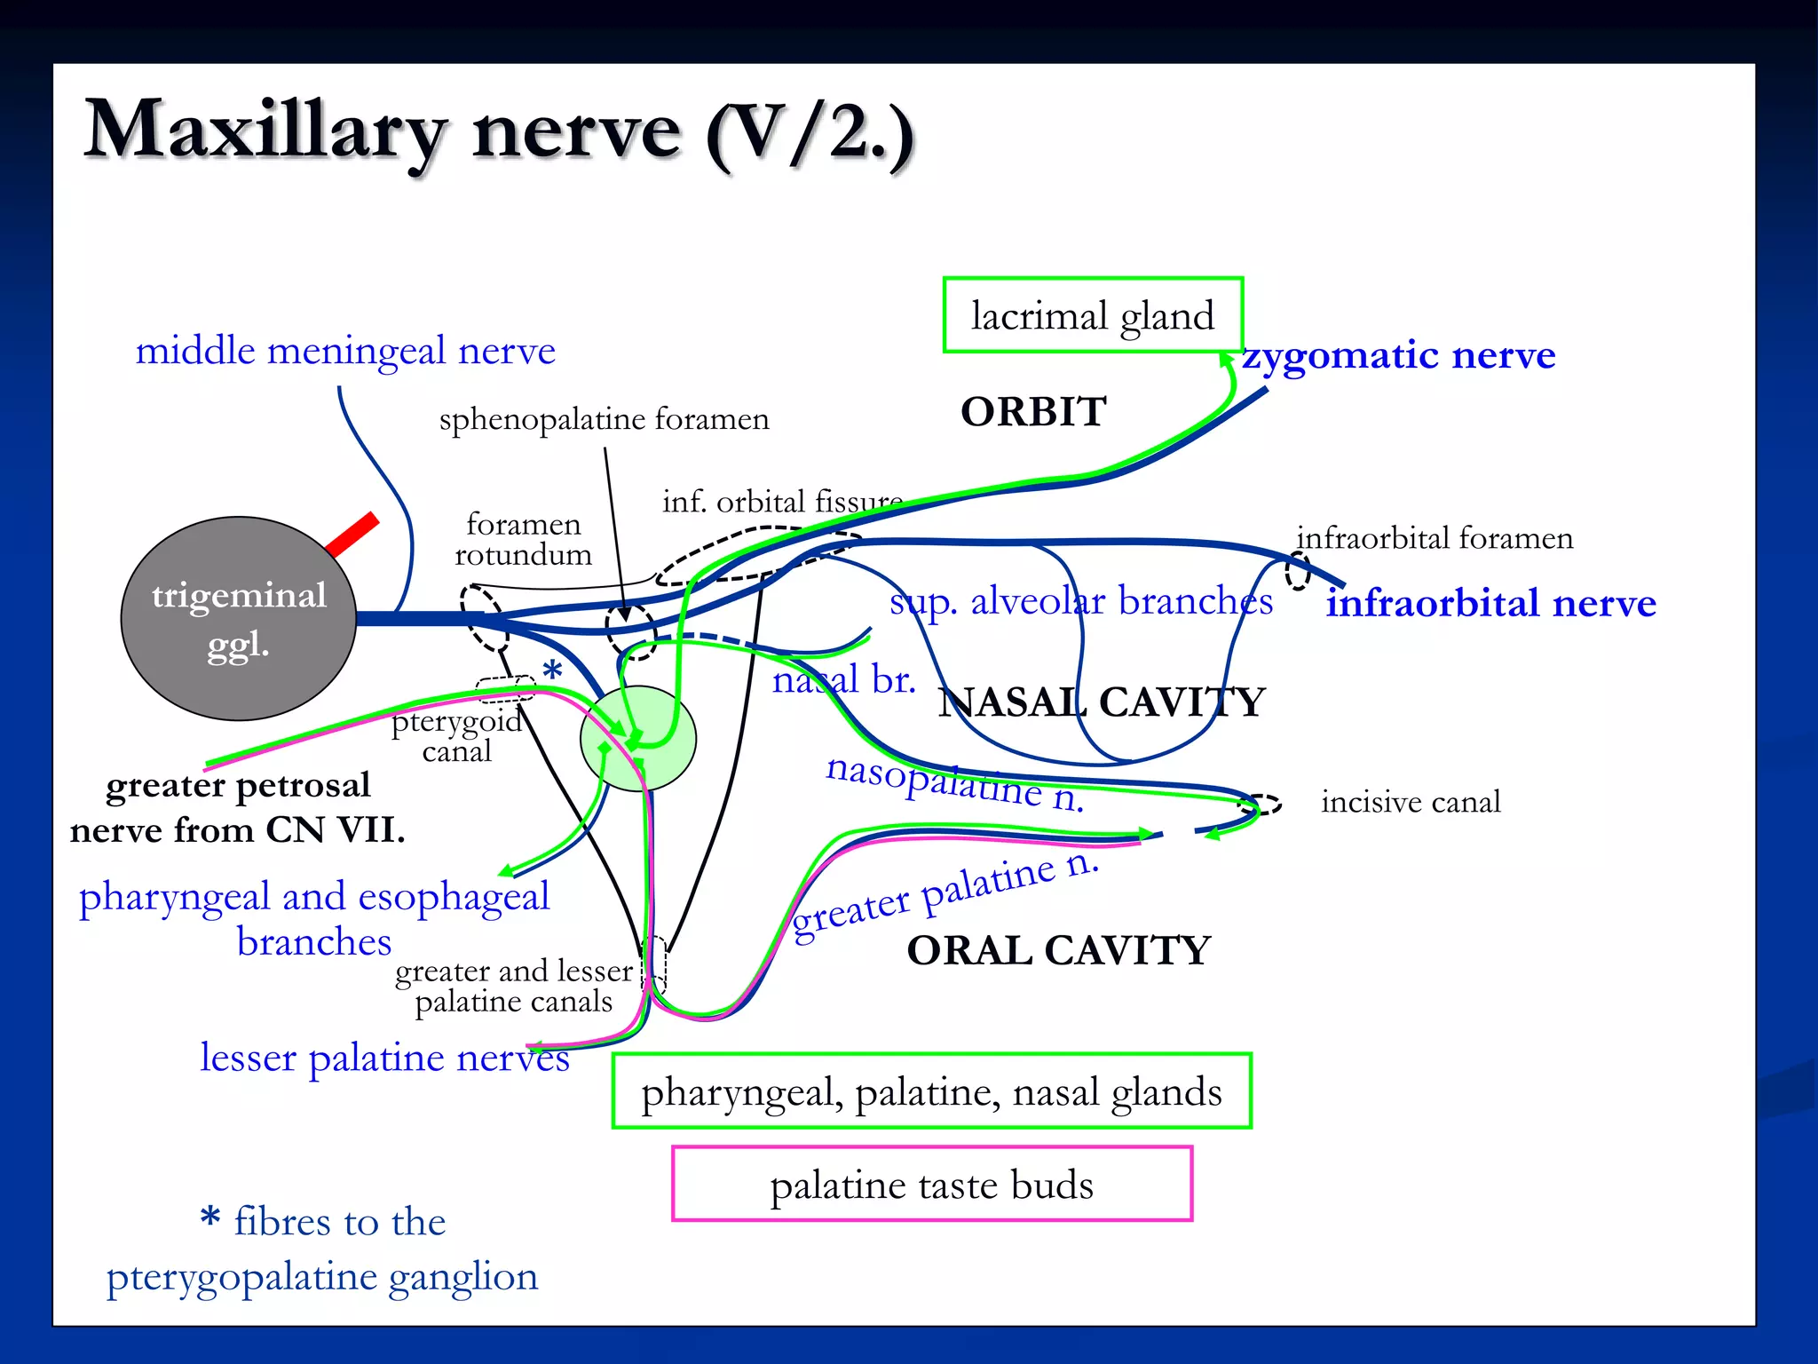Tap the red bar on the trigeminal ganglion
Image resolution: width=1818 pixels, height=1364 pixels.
click(353, 535)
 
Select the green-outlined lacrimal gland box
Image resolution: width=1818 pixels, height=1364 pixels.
click(1092, 315)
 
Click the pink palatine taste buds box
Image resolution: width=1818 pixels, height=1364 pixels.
click(931, 1184)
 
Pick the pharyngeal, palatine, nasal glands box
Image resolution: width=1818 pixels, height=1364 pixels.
click(931, 1091)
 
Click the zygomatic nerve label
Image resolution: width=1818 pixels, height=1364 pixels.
click(1398, 355)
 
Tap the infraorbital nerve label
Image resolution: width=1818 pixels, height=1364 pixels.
click(1490, 603)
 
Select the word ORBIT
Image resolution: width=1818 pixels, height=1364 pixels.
click(1033, 412)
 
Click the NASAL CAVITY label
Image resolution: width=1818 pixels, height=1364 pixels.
click(1101, 702)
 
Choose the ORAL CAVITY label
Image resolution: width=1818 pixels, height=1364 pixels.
click(1058, 950)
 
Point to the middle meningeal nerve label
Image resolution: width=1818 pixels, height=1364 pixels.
click(345, 351)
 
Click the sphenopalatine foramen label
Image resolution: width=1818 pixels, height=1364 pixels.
click(604, 419)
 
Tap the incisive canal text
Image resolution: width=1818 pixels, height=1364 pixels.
click(1410, 802)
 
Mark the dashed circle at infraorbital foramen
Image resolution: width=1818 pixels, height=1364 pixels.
click(1298, 571)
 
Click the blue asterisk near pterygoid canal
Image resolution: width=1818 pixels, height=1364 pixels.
click(552, 671)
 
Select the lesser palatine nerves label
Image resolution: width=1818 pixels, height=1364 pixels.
click(384, 1058)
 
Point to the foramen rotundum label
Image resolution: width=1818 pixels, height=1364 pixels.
click(523, 539)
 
